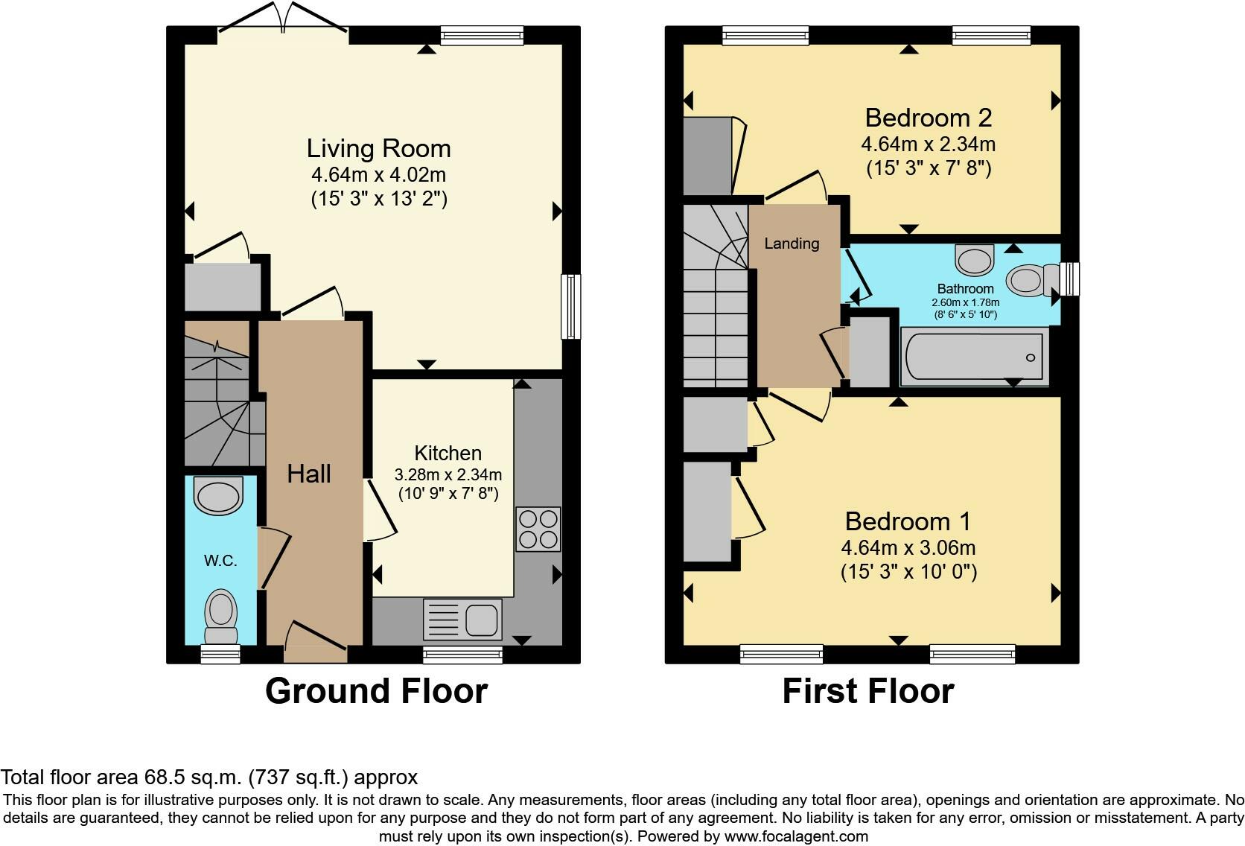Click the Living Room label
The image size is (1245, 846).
378,148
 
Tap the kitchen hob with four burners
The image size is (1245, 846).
538,529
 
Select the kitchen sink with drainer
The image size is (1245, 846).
462,620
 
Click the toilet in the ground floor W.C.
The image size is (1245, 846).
220,615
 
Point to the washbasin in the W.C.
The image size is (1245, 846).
218,494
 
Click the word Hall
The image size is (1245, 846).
308,474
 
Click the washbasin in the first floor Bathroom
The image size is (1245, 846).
975,259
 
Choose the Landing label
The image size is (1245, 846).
791,244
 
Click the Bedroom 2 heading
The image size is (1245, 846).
928,118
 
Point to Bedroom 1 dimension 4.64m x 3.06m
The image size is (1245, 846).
908,548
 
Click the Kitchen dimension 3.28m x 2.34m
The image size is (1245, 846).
448,474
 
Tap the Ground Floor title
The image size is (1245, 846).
376,691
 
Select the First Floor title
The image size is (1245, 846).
867,691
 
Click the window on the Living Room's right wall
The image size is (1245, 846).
571,307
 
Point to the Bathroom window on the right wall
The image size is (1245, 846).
1070,279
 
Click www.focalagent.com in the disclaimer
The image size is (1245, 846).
796,836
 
